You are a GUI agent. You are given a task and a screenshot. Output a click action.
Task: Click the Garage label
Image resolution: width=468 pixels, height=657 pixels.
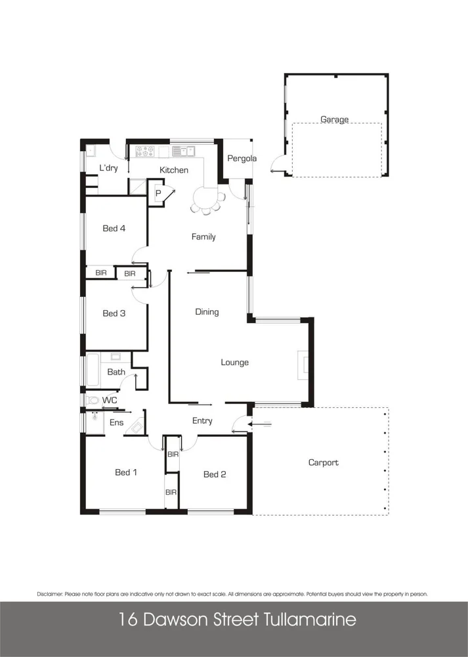click(334, 120)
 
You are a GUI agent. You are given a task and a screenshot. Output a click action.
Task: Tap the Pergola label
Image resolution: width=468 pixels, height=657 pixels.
click(242, 159)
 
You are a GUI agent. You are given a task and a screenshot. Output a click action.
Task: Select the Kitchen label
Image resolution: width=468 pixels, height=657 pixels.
click(174, 170)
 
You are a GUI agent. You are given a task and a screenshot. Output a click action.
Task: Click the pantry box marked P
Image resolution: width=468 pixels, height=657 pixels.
click(158, 194)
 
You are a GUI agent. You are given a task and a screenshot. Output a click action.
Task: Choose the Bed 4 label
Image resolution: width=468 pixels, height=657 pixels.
click(114, 229)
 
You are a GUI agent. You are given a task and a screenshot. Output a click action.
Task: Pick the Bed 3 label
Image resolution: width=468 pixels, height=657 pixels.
click(114, 313)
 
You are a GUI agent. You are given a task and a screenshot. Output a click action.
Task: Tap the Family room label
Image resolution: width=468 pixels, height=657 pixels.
click(203, 237)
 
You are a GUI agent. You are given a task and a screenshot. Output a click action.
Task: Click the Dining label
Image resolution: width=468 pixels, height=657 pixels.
click(207, 312)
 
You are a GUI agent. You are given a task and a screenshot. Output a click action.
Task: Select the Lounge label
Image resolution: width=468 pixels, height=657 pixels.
click(234, 362)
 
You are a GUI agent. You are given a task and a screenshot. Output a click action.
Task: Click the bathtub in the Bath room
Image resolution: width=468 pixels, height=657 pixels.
click(93, 371)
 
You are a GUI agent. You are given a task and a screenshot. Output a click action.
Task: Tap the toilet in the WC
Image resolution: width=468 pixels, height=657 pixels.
click(91, 399)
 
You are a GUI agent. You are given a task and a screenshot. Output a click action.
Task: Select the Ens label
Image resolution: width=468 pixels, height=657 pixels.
click(116, 422)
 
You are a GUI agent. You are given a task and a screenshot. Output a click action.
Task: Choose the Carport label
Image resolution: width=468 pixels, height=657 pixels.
click(324, 463)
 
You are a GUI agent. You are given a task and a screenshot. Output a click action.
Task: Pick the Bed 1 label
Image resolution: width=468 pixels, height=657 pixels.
click(126, 472)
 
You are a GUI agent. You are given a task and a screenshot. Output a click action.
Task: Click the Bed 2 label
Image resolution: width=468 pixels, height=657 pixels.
click(215, 474)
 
